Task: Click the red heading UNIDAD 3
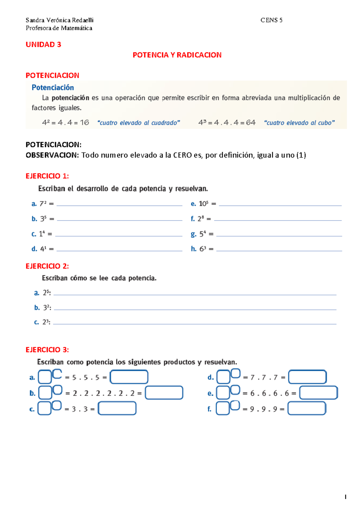[43, 44]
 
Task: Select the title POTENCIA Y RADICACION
[177, 55]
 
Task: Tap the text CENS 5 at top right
[271, 20]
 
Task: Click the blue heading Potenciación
[53, 87]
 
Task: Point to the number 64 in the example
[250, 122]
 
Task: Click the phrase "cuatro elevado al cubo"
[299, 123]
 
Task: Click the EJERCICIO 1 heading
[47, 176]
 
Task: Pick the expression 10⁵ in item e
[203, 204]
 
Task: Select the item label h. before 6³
[193, 249]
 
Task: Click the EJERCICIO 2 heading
[47, 266]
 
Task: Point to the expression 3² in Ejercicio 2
[46, 308]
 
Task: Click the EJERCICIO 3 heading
[47, 350]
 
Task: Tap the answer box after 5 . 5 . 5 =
[129, 377]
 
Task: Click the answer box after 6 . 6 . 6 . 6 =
[318, 393]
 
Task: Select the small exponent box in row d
[235, 373]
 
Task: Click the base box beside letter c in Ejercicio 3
[44, 408]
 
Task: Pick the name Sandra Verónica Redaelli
[59, 20]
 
